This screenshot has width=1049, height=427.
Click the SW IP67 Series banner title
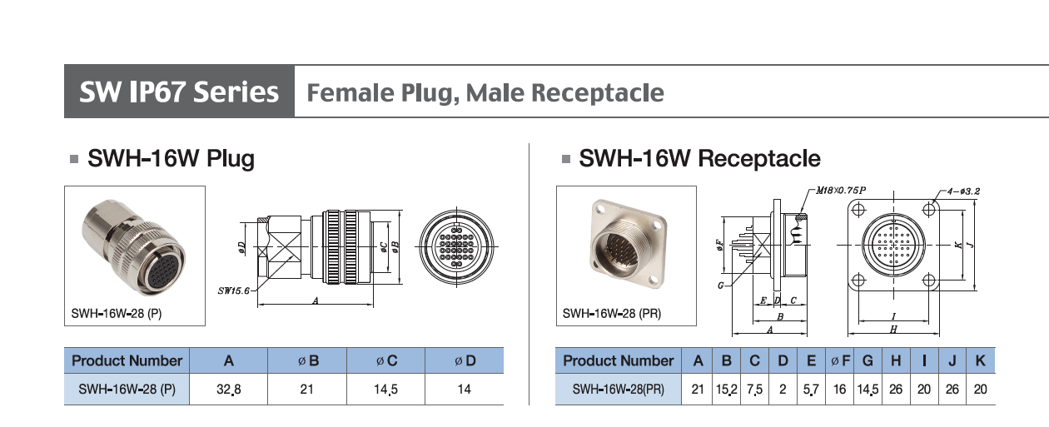(179, 92)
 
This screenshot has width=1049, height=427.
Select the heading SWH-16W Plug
(171, 158)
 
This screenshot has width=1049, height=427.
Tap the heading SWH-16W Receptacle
(699, 158)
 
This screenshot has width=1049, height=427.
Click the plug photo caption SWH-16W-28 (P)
(123, 315)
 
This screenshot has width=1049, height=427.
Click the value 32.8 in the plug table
(228, 389)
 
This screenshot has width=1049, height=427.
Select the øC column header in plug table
(385, 360)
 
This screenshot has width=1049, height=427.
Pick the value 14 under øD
(464, 389)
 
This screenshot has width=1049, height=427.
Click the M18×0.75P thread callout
(840, 191)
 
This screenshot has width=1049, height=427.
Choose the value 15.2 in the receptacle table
(726, 389)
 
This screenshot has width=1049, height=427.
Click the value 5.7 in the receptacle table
(811, 389)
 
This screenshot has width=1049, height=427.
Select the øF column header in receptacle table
(840, 360)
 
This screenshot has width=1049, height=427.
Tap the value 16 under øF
(840, 389)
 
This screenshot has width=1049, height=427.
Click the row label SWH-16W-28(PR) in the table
(618, 389)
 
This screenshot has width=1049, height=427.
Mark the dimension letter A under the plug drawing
(316, 301)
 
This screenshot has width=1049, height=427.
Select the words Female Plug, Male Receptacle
(485, 92)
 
